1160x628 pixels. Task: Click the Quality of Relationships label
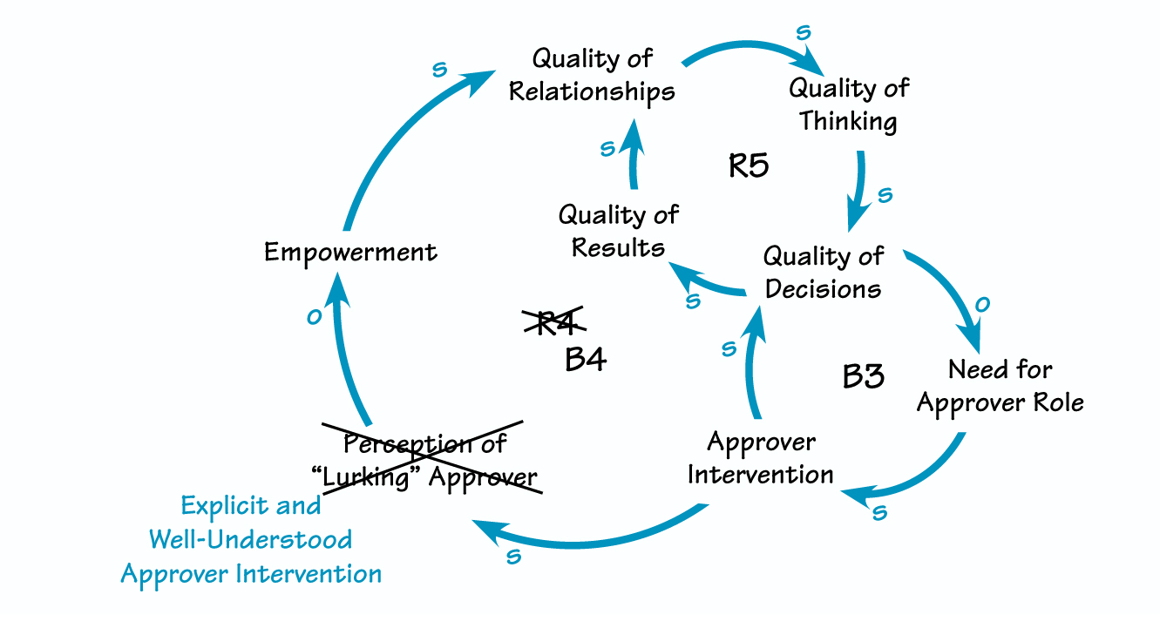(592, 75)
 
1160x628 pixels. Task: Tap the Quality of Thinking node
(848, 105)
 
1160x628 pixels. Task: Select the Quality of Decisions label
(823, 272)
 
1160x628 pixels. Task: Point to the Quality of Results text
(618, 231)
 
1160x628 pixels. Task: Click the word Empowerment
(350, 253)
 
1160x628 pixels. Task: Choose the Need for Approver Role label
(1000, 386)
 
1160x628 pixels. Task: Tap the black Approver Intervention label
(761, 458)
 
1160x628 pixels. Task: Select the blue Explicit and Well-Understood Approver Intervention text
(251, 539)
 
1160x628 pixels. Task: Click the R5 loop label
(749, 165)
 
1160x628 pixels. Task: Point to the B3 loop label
(863, 376)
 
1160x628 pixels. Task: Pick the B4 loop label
(586, 359)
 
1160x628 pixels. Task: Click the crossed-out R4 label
(553, 323)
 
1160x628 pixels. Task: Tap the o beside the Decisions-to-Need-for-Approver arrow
(982, 303)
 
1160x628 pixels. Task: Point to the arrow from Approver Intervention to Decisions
(752, 366)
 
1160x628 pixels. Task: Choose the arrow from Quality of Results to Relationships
(631, 157)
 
